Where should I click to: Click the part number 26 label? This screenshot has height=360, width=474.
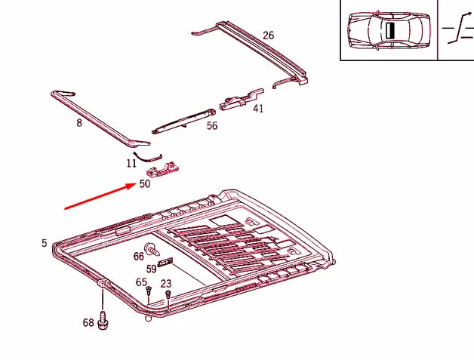point(268,35)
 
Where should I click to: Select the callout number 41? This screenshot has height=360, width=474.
point(258,109)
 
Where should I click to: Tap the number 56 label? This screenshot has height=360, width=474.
point(211,126)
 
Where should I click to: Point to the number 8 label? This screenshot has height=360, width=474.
point(78,122)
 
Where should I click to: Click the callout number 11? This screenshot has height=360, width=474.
point(131,162)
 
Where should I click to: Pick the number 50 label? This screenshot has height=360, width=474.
point(144,183)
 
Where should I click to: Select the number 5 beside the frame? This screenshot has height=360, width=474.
point(44,243)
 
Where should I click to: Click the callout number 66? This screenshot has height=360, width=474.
point(139,256)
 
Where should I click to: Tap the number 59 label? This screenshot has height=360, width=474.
point(151,268)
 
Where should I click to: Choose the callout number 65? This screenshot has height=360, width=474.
point(141,282)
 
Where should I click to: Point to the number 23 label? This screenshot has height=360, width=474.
point(166,284)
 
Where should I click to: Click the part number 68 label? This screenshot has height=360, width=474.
point(88,323)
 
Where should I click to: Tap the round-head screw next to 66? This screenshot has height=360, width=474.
point(151,249)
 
